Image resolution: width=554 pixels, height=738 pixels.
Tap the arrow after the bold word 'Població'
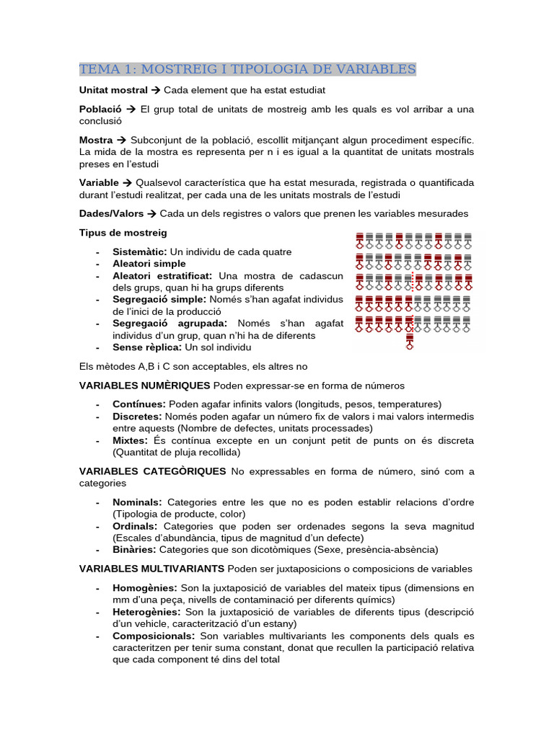131,109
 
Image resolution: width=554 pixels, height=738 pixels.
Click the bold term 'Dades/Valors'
112,214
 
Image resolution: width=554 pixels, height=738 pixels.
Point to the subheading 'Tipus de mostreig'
123,233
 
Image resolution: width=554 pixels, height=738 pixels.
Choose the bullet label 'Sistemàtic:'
139,252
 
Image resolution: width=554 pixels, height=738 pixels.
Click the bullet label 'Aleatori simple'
149,264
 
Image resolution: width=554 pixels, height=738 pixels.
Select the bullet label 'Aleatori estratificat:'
162,276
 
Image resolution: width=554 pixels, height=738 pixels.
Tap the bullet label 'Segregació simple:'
159,299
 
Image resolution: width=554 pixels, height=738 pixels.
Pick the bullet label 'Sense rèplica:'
148,347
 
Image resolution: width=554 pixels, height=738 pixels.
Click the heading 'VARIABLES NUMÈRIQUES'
144,386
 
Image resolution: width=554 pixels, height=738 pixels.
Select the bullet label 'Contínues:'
138,404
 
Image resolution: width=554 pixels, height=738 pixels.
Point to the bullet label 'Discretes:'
137,417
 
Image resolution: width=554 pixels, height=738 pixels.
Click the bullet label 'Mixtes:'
130,440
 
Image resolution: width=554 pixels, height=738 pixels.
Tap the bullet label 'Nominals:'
136,502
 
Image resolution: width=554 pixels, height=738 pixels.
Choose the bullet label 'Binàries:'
134,549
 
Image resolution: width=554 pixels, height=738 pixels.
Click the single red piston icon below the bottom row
410,341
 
